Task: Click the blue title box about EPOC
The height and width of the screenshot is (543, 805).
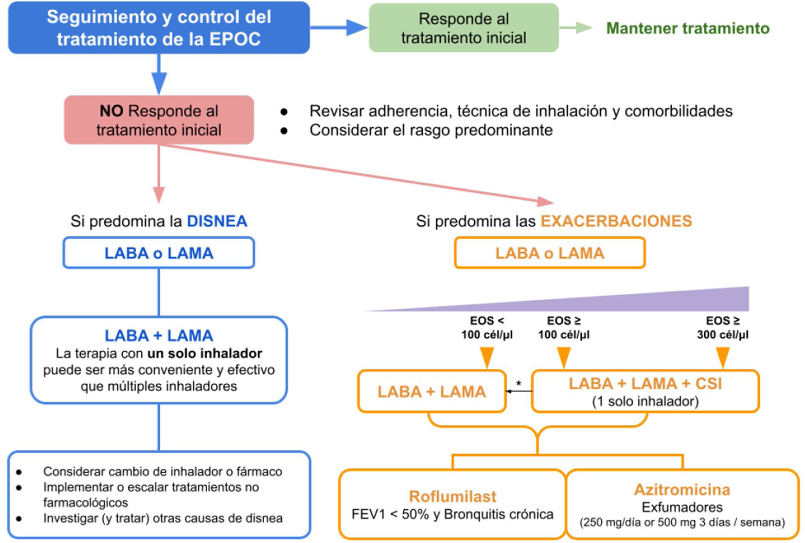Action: (x=159, y=28)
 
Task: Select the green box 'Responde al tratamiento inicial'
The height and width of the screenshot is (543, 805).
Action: (x=463, y=28)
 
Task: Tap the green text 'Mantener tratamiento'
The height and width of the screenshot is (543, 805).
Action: (x=688, y=28)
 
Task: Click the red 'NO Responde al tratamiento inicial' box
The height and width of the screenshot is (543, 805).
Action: (x=159, y=120)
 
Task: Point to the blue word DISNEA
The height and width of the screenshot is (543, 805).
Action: (x=217, y=221)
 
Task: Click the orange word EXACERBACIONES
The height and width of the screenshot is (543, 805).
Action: (x=616, y=221)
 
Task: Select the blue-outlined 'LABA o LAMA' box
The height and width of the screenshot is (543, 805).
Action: (x=159, y=253)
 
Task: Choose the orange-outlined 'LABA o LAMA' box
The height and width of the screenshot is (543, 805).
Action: (x=550, y=253)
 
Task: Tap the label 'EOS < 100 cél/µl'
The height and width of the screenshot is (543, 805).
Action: (x=487, y=328)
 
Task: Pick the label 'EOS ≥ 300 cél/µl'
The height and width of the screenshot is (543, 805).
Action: (x=723, y=328)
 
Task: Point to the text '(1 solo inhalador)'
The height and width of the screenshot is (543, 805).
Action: (x=645, y=401)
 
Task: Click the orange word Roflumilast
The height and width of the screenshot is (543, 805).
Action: (x=452, y=496)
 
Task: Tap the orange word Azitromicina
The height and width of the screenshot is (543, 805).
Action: (x=682, y=489)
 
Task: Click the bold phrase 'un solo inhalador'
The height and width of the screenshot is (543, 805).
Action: (x=204, y=353)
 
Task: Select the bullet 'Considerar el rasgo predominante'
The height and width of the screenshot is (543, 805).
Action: (x=431, y=130)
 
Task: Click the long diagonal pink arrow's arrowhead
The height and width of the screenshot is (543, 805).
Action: (x=546, y=202)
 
